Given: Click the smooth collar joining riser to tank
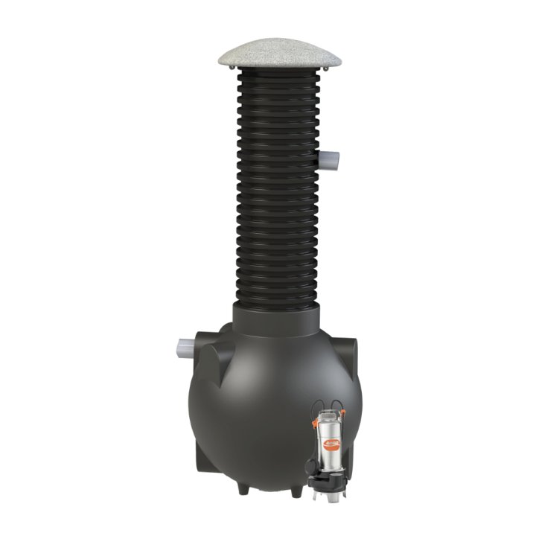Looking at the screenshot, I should point(268,319).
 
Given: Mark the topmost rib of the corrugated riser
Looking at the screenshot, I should point(268,75).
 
